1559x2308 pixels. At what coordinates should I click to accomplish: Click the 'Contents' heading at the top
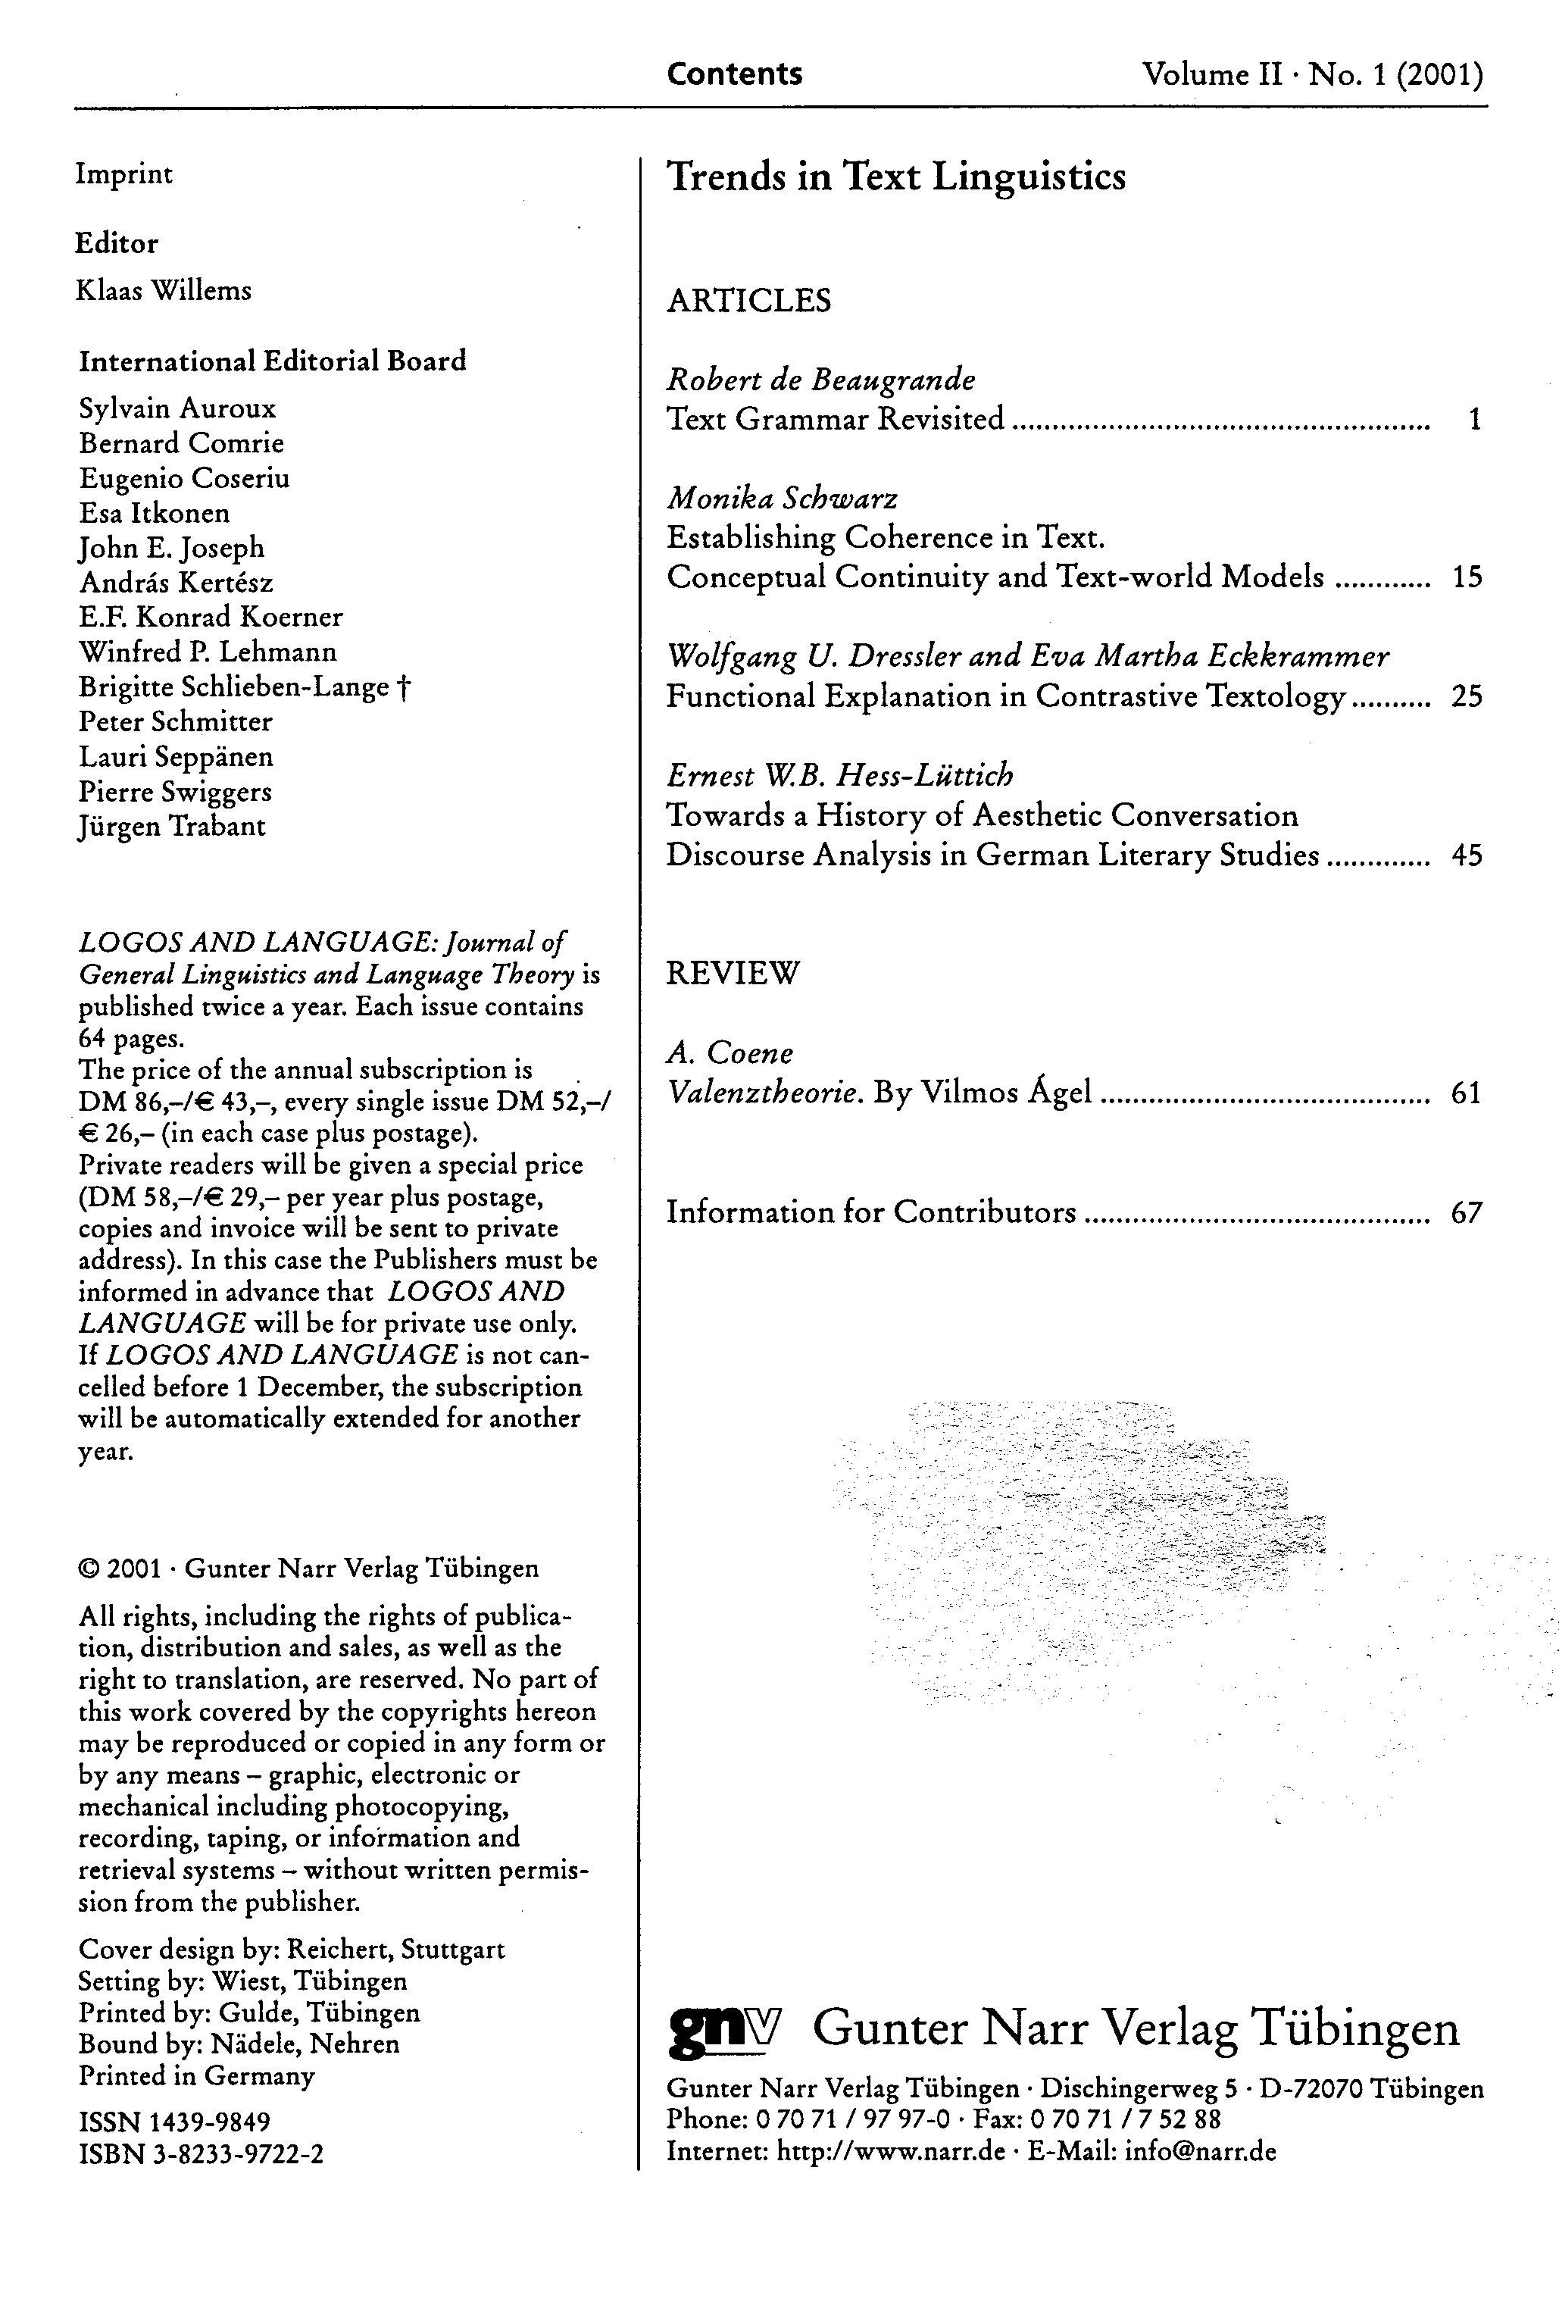point(734,73)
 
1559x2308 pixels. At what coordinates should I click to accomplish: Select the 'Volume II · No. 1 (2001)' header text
point(1312,74)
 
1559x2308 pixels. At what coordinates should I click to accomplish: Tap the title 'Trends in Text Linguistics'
point(895,177)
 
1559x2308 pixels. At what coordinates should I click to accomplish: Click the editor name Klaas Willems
point(164,290)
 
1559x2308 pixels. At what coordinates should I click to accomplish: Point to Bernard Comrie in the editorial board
point(182,443)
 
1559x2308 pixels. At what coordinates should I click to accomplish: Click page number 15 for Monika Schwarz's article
point(1467,577)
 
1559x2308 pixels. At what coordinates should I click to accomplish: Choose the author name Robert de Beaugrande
point(820,380)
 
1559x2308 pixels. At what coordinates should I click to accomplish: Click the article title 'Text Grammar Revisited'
point(835,419)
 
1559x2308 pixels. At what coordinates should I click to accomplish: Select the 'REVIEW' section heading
point(732,972)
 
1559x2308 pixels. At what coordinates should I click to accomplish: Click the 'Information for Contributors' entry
point(871,1212)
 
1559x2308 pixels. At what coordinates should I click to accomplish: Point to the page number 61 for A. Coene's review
point(1466,1093)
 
